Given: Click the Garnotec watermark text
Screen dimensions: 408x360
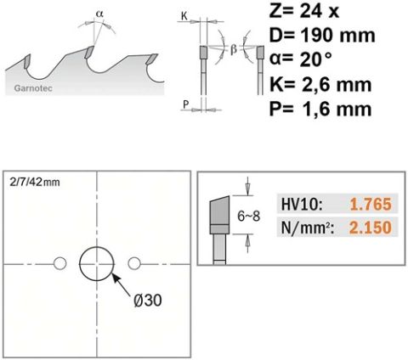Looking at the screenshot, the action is (33, 88).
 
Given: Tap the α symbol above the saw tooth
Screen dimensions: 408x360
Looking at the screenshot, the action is (99, 13).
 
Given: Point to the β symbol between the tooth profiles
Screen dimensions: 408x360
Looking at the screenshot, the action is (233, 49).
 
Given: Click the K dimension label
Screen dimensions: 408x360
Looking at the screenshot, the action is (184, 16).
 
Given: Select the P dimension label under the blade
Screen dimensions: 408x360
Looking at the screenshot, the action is (185, 104).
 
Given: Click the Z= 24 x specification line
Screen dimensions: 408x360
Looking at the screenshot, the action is (304, 12).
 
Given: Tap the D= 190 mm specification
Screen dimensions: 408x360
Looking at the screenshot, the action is (322, 36).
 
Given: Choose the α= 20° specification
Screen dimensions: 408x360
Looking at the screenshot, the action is (300, 59).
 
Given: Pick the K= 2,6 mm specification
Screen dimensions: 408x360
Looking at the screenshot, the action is (320, 84).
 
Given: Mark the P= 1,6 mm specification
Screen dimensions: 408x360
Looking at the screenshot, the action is (320, 109).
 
